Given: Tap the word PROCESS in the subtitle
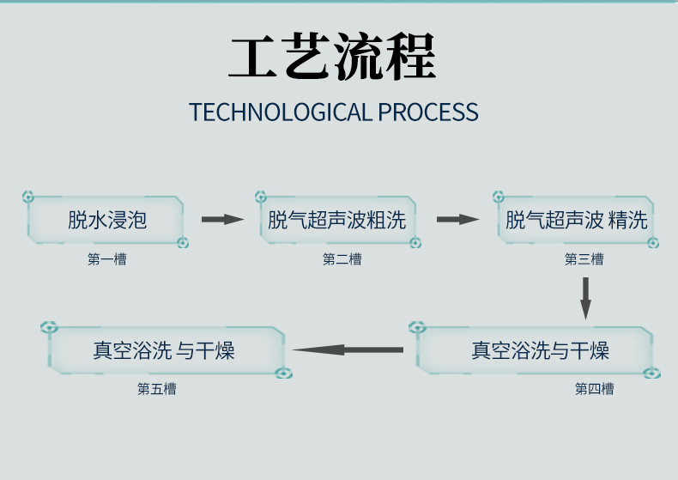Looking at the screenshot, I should [427, 112].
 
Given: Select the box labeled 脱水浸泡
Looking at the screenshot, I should [107, 220].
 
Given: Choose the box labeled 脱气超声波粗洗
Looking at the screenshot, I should [336, 220].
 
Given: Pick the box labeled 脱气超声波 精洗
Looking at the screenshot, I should [576, 220].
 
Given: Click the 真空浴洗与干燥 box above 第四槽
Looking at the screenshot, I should [540, 350].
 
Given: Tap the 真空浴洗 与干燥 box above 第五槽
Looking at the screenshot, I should [165, 350].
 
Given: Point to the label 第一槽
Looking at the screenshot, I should [106, 258].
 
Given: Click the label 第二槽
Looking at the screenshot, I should [342, 258].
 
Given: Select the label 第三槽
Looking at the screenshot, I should [584, 258].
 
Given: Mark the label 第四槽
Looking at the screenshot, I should [594, 389].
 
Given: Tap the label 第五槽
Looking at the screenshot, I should [157, 389].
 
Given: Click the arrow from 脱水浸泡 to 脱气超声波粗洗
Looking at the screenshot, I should [223, 220].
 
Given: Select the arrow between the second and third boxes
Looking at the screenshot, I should [457, 220].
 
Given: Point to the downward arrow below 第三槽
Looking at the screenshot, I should [586, 297].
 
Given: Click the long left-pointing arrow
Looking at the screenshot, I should [348, 349].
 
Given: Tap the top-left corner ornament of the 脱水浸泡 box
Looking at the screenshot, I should [28, 197].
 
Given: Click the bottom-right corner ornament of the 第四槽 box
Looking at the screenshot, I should [652, 374].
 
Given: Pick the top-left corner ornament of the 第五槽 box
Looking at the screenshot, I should [50, 327].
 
